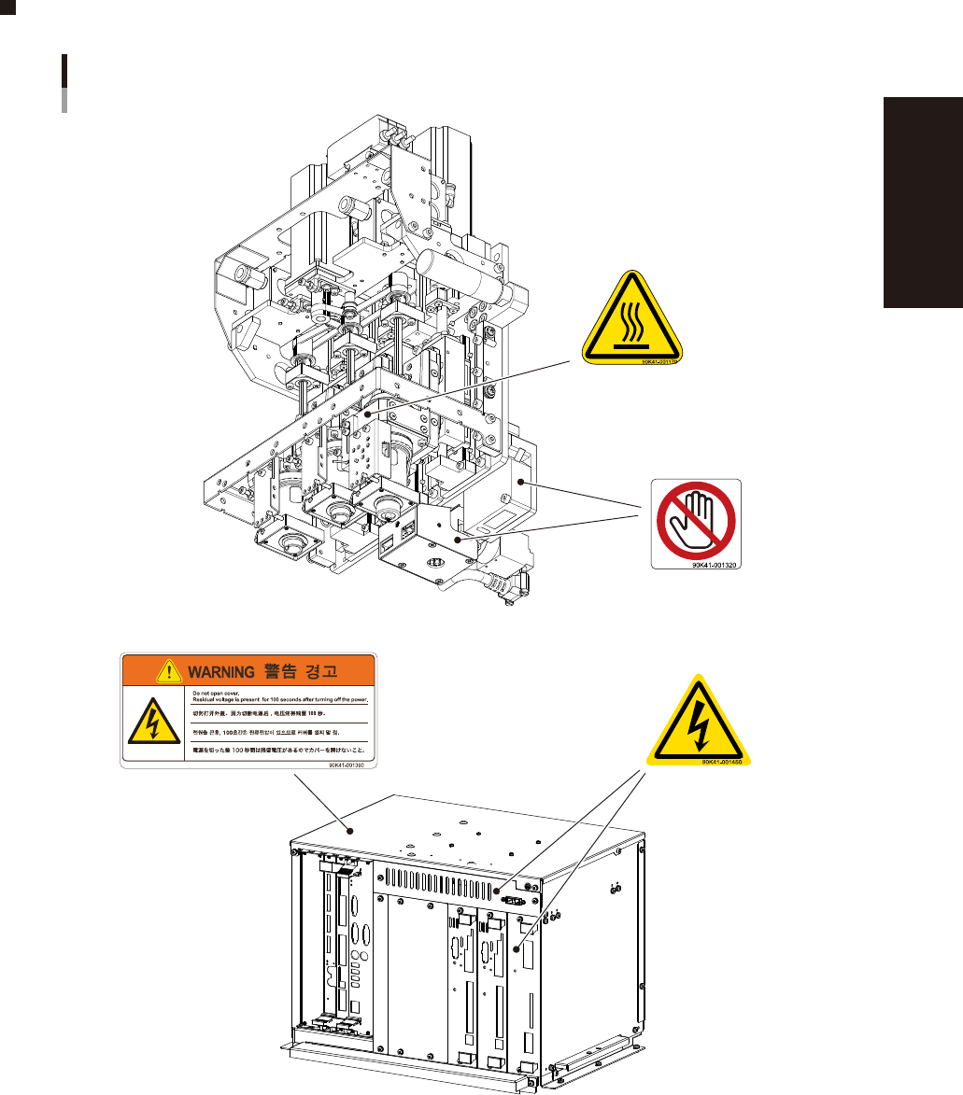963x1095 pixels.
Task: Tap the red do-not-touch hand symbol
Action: click(x=695, y=519)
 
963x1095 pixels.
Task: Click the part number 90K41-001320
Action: click(x=715, y=565)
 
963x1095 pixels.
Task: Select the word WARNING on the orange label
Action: click(x=220, y=670)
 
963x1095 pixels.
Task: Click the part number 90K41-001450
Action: click(x=727, y=762)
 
